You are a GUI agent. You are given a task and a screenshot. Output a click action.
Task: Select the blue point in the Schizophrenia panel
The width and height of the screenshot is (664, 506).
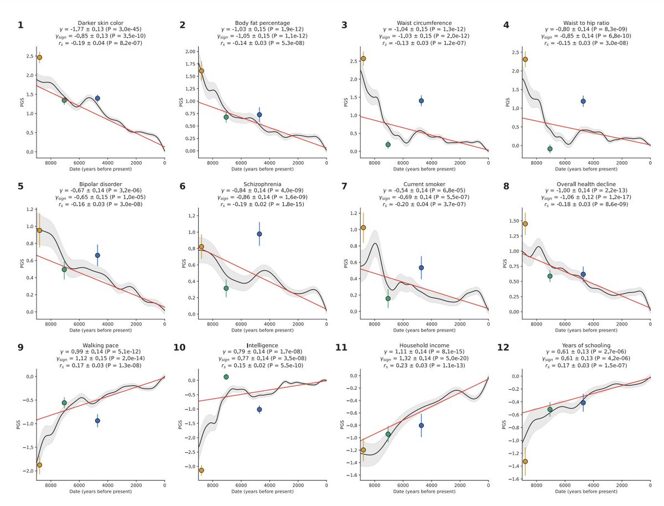259,234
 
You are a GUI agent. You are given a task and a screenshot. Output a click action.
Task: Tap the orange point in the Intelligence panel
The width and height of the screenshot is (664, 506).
201,470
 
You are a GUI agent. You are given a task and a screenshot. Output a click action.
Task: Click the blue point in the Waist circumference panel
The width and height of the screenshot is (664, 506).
421,101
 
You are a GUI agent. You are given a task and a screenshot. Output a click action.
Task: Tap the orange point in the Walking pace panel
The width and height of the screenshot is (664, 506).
39,465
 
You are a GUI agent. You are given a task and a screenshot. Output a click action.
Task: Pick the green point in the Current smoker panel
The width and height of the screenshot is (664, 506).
388,298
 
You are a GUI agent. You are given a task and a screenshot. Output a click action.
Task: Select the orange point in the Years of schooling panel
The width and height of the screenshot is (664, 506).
525,461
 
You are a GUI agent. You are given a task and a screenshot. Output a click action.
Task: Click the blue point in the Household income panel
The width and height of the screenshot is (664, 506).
421,425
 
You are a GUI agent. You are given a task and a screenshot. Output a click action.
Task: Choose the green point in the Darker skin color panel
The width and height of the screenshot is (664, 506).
64,100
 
